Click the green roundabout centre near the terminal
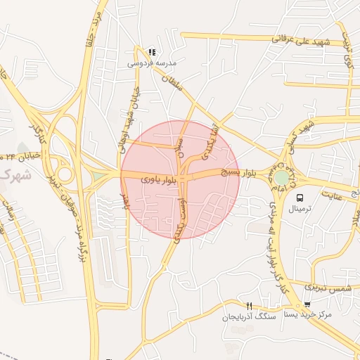coord(282,177)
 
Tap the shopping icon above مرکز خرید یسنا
coord(307,304)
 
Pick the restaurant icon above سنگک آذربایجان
coord(249,306)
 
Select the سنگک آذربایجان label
coord(246,317)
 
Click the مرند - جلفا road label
coord(91,28)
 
